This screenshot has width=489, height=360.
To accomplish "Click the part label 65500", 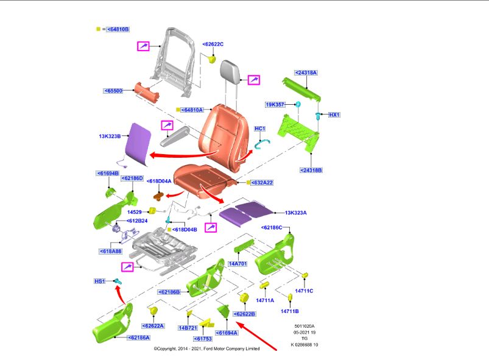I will point(113,91).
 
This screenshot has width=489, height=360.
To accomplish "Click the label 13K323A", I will point(296,213).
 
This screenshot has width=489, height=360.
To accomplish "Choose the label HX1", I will point(334,115).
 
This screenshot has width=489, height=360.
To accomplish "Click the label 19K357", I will point(275,104).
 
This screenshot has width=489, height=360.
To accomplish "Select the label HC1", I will point(260,129).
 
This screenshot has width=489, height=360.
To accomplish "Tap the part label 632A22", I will point(262,182).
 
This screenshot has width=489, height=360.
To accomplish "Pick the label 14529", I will point(135,211).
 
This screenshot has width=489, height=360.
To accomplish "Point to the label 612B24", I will point(136,221).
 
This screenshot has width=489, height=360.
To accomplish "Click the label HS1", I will point(100,281).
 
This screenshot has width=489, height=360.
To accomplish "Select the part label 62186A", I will point(138,337).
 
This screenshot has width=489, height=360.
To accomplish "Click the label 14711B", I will point(289,311).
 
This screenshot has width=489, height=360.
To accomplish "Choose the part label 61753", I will point(203,338).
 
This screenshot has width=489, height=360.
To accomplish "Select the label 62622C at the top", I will point(213,44).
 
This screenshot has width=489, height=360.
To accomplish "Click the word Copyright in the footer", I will point(168,348).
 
